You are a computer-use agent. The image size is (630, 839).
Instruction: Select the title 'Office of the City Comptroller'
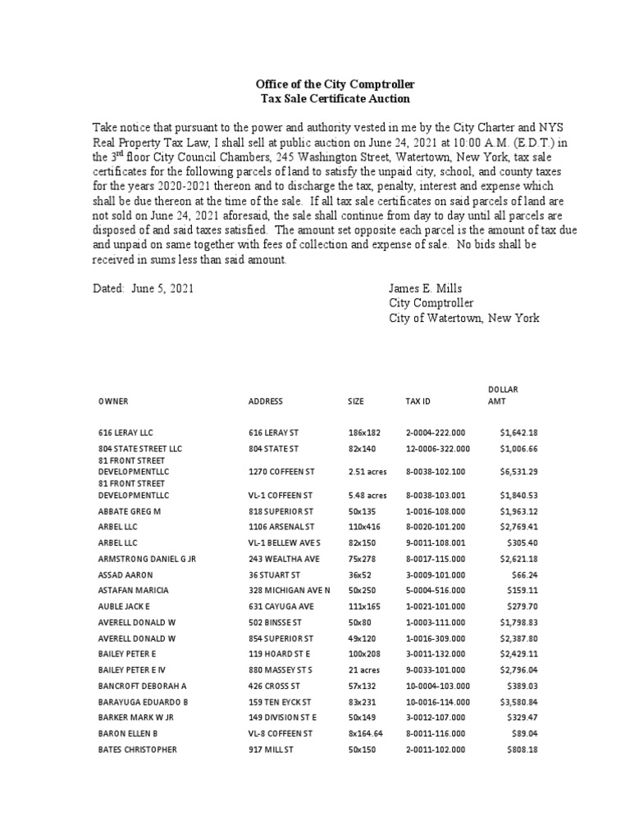[x=335, y=84]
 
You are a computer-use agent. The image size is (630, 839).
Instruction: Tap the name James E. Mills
[x=426, y=289]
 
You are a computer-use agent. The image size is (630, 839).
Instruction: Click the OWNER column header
[x=113, y=401]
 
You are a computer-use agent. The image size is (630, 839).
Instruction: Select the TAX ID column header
[x=418, y=401]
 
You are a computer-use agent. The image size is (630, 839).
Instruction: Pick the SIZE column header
[x=356, y=401]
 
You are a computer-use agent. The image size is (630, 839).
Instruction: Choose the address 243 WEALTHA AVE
[x=284, y=560]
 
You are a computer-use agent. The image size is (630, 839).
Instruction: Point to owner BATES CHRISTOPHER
[x=138, y=750]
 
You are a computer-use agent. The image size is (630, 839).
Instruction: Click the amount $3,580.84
[x=518, y=702]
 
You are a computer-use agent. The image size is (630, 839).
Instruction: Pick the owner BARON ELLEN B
[x=130, y=734]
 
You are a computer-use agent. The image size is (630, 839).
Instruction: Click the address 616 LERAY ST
[x=273, y=433]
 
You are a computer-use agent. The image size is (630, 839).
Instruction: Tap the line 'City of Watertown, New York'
[x=463, y=318]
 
